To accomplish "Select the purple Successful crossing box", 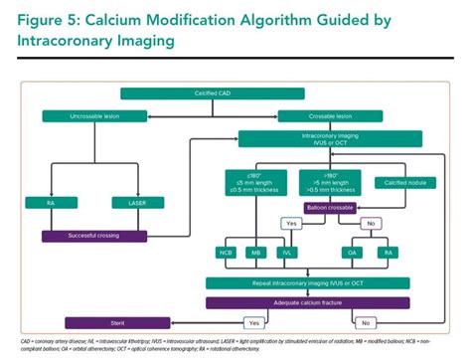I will (95, 236).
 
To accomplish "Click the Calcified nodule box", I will (401, 182).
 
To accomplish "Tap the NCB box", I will (226, 253).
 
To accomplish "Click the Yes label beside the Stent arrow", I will (253, 323).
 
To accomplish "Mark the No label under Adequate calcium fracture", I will (365, 323).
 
